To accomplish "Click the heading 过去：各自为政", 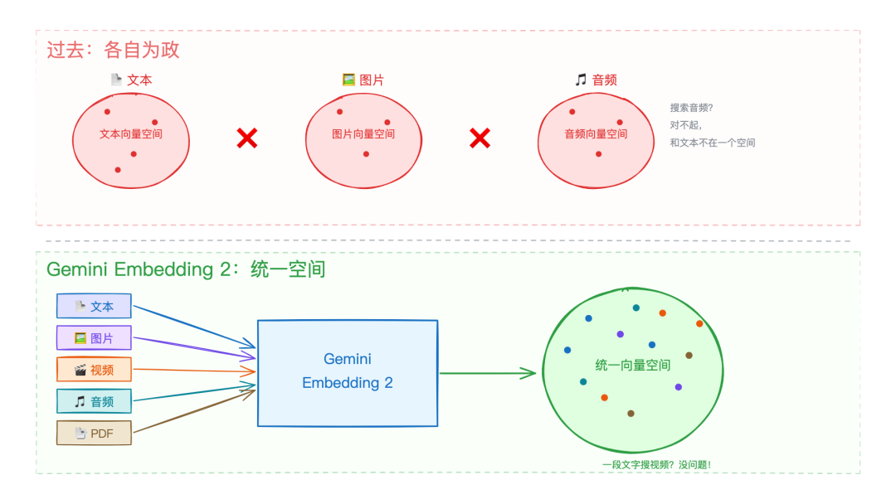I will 113,50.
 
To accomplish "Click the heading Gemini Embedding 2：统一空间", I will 186,269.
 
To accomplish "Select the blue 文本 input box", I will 94,306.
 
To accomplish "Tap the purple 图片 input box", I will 94,338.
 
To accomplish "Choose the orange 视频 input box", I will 94,370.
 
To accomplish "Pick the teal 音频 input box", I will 94,401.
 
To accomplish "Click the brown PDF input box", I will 94,433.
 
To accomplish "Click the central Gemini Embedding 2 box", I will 347,372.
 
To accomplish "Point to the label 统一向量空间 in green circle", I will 632,365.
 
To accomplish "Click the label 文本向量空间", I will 131,133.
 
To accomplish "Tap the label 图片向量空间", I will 363,133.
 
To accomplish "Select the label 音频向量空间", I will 596,133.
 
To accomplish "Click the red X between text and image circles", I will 246,138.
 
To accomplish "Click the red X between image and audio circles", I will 480,138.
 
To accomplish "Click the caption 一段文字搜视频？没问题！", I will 655,465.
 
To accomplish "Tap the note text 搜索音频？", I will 691,108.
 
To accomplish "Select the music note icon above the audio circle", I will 581,80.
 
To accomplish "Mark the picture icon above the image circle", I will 348,80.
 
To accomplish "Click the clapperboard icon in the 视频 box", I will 80,371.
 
